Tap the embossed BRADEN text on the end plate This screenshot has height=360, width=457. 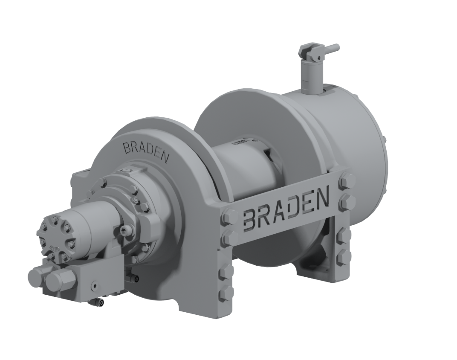pos(146,151)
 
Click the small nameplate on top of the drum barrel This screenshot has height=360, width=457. pos(240,143)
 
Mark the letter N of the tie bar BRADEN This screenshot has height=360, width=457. pos(322,198)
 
